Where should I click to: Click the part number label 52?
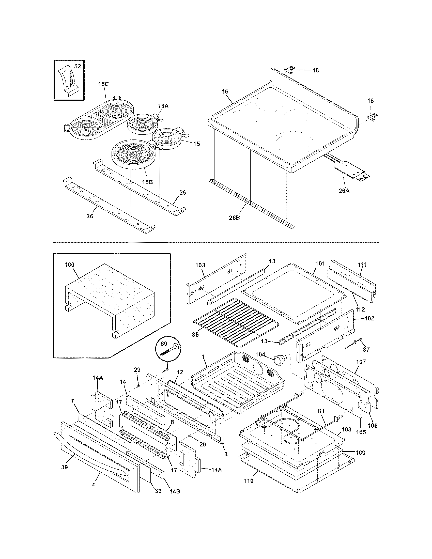pyautogui.click(x=77, y=66)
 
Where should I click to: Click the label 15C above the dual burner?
pyautogui.click(x=103, y=84)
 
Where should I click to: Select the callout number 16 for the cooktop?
pyautogui.click(x=225, y=91)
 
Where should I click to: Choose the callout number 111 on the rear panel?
pyautogui.click(x=362, y=265)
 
